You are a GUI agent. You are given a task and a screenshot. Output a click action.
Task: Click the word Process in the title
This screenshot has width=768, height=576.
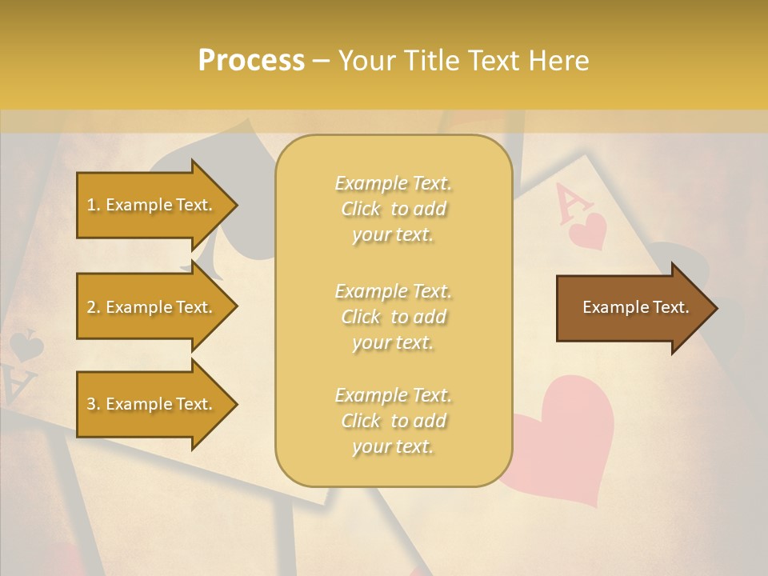[x=251, y=61]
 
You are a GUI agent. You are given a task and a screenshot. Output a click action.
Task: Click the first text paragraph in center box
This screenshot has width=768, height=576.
[x=393, y=209]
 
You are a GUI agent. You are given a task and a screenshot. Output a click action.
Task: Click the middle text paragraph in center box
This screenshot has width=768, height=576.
[x=393, y=316]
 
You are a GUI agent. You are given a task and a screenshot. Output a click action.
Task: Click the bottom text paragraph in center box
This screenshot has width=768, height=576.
[x=393, y=421]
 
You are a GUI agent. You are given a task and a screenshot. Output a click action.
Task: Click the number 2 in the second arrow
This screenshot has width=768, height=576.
[x=90, y=307]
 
